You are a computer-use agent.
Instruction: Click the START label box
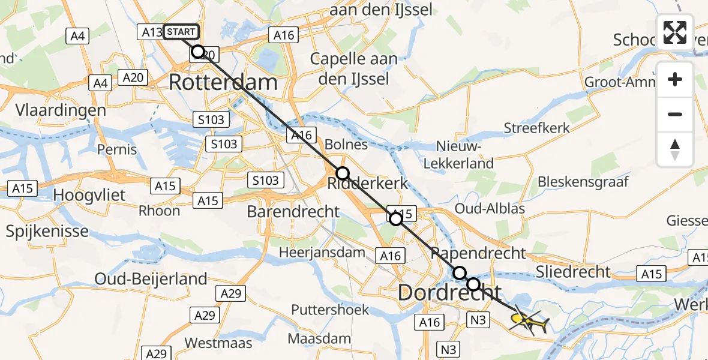pos(181,32)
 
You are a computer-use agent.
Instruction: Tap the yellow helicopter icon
pos(527,323)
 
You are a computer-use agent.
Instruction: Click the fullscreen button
pos(675,32)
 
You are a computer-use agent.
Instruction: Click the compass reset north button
pos(675,149)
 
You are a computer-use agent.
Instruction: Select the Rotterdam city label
pos(223,82)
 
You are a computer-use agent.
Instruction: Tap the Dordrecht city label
pos(449,293)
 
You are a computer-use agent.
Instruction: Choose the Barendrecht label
pos(293,211)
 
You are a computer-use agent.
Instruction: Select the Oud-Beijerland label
pos(151,278)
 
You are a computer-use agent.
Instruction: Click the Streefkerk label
pos(537,128)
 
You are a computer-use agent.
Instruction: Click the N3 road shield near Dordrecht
pos(478,320)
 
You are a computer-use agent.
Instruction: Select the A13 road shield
pos(150,32)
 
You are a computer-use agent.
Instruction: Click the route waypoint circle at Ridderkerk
pos(342,174)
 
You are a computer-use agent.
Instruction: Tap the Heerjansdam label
pos(323,253)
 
